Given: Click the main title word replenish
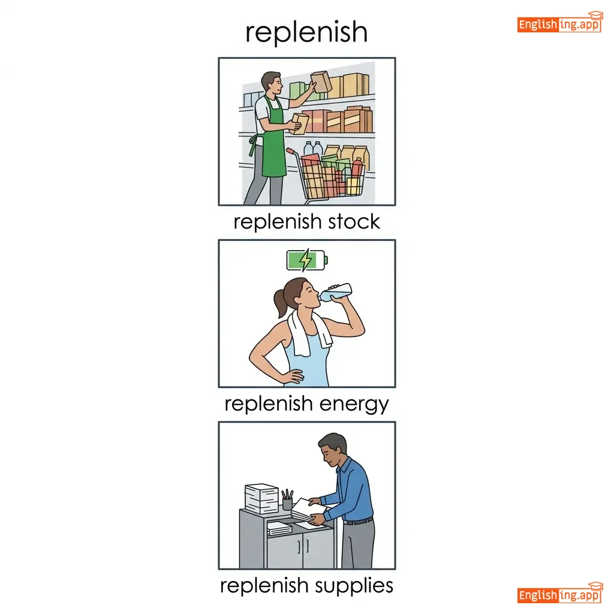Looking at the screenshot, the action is (x=306, y=32).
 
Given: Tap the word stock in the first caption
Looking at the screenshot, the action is (x=354, y=222).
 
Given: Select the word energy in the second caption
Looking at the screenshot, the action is (x=354, y=404).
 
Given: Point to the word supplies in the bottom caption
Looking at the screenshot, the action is (x=354, y=586).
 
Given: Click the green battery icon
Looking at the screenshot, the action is (x=307, y=260).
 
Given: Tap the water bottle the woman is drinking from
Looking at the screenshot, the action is (x=335, y=292).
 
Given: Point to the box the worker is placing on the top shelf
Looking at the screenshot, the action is (x=321, y=82).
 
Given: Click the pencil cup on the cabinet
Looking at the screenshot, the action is (x=287, y=499).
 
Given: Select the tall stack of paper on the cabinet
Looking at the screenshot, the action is (x=261, y=498).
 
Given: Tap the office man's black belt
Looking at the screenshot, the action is (x=358, y=521).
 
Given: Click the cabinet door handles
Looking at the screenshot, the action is (x=303, y=546).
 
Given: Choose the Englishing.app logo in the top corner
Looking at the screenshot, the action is (x=559, y=22).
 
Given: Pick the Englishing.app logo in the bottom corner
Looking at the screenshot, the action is (x=559, y=592).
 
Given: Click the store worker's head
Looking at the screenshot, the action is (x=272, y=83).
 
